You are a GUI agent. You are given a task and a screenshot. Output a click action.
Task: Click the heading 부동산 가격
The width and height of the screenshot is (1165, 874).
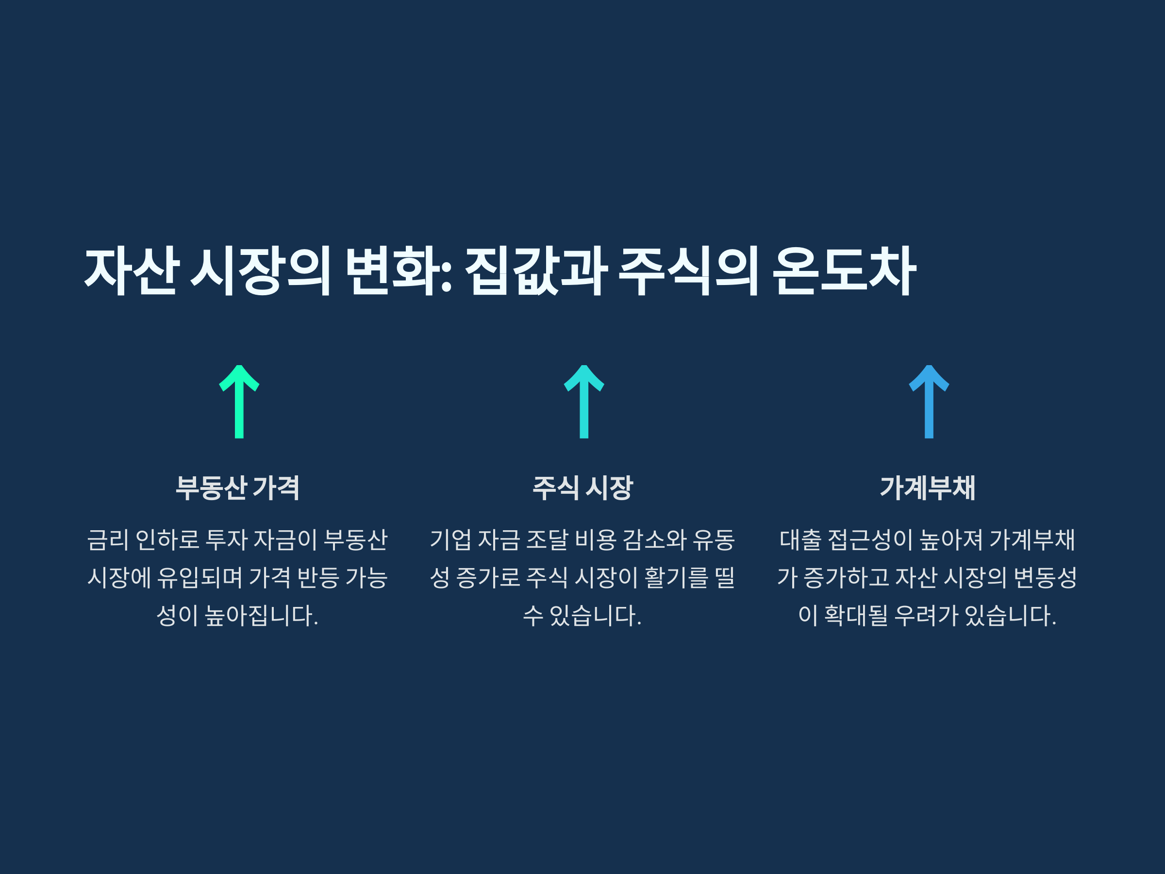(237, 487)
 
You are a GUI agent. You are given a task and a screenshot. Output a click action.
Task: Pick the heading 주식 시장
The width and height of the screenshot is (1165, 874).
(582, 487)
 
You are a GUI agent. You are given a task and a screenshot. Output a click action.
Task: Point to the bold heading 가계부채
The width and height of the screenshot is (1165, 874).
(928, 487)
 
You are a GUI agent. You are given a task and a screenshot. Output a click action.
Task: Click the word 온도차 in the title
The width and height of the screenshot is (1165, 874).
(844, 270)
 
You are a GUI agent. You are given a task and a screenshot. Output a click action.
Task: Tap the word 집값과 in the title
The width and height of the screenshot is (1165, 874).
(535, 270)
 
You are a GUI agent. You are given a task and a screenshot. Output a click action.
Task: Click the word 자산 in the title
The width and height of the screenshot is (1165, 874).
(130, 270)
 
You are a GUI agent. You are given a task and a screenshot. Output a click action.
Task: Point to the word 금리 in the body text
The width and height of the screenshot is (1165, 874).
(107, 539)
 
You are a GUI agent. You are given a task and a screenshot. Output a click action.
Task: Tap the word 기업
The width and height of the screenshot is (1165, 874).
(450, 539)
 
